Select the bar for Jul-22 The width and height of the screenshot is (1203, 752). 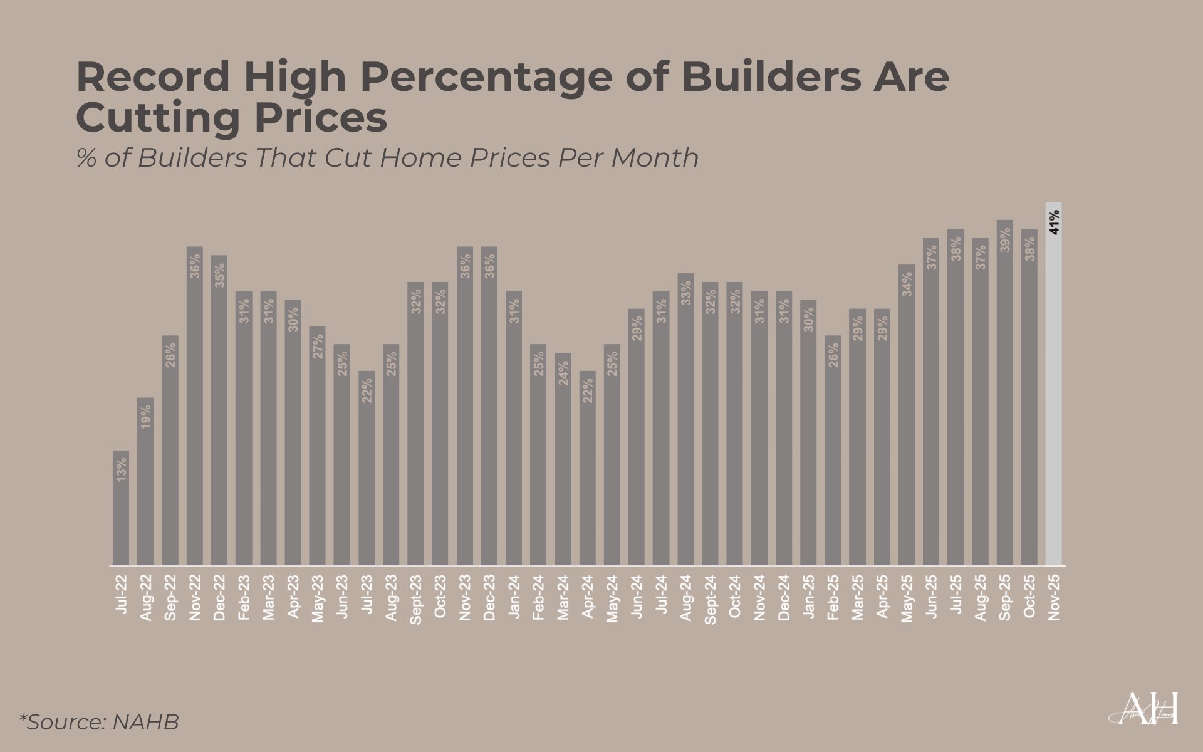coord(121,508)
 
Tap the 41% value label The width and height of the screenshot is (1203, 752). coord(1054,222)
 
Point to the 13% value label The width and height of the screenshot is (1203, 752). coord(121,469)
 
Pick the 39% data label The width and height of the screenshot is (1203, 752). coord(1004,240)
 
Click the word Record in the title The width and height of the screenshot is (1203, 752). coord(153,77)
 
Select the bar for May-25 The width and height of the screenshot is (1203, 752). coord(906,414)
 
